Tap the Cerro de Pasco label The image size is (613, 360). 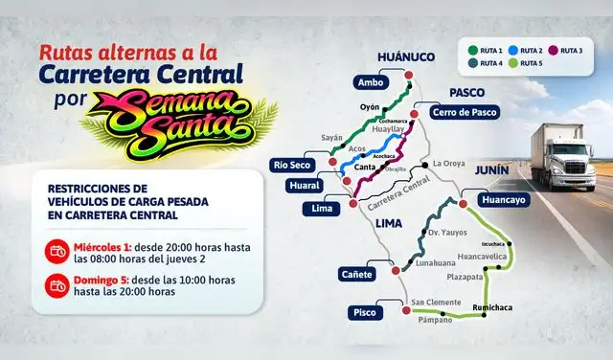pyautogui.click(x=464, y=112)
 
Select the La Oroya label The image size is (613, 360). pyautogui.click(x=449, y=163)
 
